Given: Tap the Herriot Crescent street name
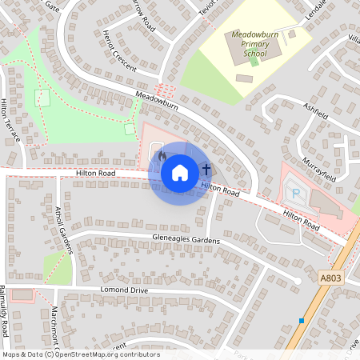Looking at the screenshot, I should pyautogui.click(x=121, y=52).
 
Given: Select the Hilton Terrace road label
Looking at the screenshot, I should pyautogui.click(x=10, y=121).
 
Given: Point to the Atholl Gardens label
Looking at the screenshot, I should pyautogui.click(x=64, y=230).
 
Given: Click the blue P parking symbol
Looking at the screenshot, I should pyautogui.click(x=294, y=193).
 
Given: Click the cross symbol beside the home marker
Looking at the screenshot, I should pyautogui.click(x=206, y=170).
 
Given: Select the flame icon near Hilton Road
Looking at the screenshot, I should pyautogui.click(x=162, y=155).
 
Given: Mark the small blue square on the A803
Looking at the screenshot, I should pyautogui.click(x=302, y=321).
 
